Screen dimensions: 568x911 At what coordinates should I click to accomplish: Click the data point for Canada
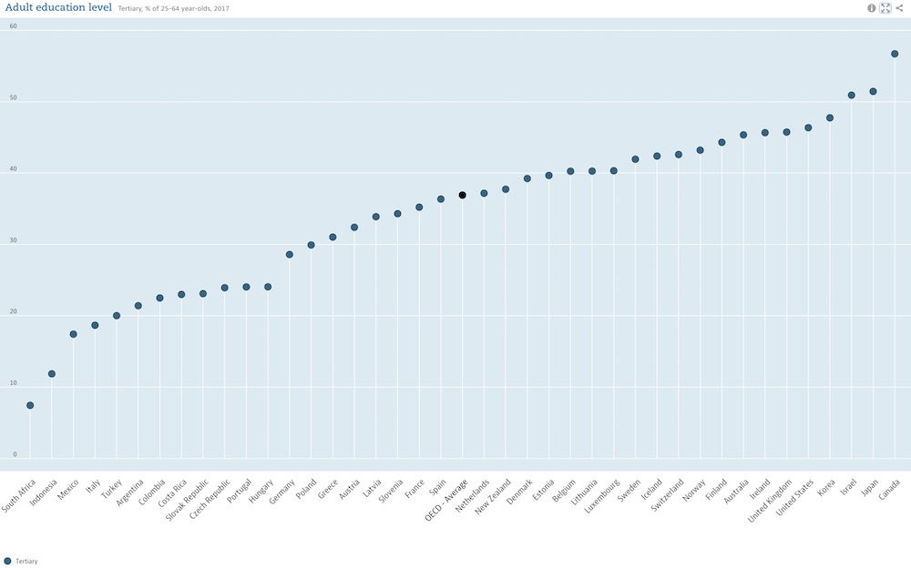click(x=895, y=54)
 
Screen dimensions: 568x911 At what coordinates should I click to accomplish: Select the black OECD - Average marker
click(x=463, y=195)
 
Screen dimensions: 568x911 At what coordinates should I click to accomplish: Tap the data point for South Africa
click(x=30, y=405)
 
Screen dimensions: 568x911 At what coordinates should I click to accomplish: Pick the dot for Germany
click(x=290, y=254)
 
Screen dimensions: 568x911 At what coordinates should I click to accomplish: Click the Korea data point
click(x=830, y=117)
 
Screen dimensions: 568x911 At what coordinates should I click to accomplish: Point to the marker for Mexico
click(x=74, y=334)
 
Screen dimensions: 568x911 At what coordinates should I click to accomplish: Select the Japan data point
click(x=873, y=91)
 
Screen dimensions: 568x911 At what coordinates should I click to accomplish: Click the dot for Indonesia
click(x=52, y=374)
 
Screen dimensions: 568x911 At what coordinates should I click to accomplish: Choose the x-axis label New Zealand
click(x=497, y=499)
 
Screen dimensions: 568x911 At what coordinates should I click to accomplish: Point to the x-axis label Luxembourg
click(x=603, y=496)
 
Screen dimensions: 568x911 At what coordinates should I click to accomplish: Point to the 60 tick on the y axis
click(x=13, y=25)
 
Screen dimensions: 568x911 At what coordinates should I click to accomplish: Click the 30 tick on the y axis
click(x=13, y=240)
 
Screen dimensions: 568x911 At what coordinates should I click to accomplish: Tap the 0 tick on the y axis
click(x=15, y=454)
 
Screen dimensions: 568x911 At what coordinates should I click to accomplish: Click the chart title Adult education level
click(x=58, y=8)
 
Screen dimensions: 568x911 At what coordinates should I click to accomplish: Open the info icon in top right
click(x=872, y=8)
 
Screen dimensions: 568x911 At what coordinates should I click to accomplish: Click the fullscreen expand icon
click(x=885, y=8)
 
